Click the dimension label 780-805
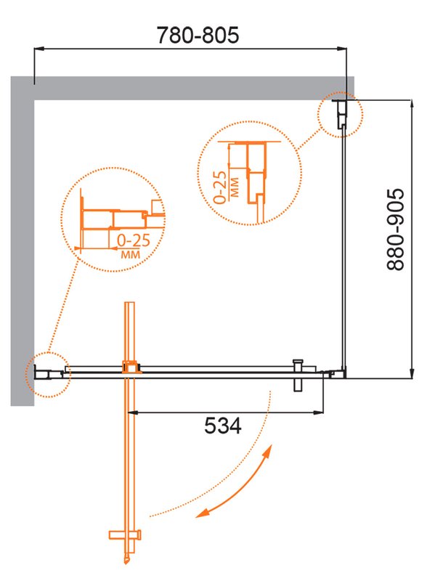[x=198, y=35]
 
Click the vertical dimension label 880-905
[x=395, y=229]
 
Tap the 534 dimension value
[x=223, y=426]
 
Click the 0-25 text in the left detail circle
[x=134, y=240]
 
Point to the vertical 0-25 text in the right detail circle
[x=220, y=187]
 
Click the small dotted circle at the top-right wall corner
[x=341, y=115]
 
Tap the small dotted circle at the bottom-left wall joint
[x=48, y=375]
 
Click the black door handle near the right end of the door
[x=298, y=375]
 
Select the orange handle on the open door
[x=125, y=535]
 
